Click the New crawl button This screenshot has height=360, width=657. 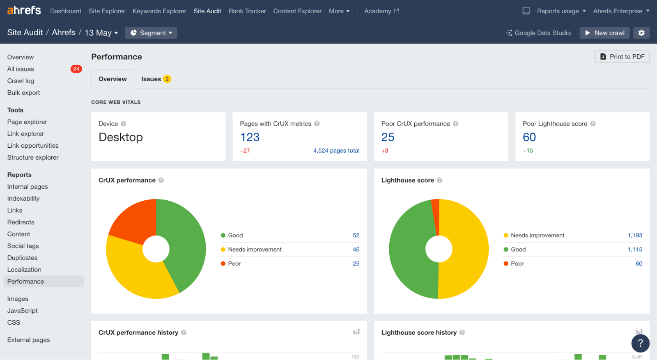[605, 33]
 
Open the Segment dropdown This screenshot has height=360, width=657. [151, 33]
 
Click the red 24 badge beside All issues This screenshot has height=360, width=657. [76, 69]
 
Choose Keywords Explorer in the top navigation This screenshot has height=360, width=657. [159, 11]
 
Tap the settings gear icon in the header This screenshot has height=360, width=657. [641, 33]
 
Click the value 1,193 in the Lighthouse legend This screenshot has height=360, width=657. [634, 235]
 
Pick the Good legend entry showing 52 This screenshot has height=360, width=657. [236, 235]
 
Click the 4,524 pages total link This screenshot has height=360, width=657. [336, 151]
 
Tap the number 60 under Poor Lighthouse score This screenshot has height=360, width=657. [529, 137]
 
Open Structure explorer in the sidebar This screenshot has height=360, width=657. [33, 157]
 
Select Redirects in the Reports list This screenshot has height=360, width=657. [21, 222]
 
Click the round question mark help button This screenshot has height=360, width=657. [640, 343]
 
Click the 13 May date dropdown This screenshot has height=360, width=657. [101, 33]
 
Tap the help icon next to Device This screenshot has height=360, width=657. [124, 124]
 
